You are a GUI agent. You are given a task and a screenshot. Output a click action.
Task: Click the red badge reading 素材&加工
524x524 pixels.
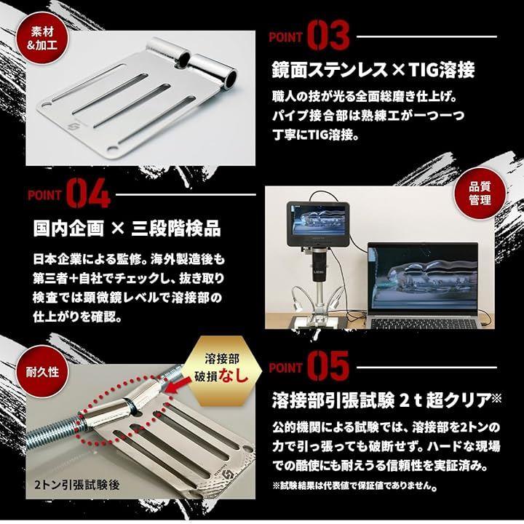point(42,39)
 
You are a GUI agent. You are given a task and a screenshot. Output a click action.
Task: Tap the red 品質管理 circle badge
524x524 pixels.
point(479,194)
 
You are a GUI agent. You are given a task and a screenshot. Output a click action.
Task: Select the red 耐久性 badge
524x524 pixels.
point(42,372)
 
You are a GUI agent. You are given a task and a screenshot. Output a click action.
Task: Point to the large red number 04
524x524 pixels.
point(87,193)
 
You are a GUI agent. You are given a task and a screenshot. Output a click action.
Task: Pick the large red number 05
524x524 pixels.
point(327,365)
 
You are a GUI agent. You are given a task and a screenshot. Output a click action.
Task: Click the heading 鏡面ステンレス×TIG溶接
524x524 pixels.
point(373,70)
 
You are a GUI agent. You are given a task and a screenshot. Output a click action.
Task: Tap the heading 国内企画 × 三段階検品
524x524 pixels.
point(127,229)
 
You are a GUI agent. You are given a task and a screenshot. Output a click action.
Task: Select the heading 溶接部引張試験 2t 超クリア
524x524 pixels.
point(386,400)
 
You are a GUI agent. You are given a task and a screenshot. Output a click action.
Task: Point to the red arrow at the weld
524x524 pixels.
point(177,386)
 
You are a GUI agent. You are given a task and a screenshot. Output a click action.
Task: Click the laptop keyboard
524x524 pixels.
point(424,323)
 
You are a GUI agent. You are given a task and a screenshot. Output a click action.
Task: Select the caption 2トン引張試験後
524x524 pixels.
point(76,485)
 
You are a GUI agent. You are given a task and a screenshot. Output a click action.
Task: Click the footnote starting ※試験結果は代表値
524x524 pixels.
point(355,485)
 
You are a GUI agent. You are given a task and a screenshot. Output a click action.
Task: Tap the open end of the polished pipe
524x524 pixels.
point(230,79)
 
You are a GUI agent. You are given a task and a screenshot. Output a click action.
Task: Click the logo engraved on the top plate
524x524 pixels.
point(73,128)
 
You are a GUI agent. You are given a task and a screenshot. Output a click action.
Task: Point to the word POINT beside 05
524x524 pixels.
point(286,368)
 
